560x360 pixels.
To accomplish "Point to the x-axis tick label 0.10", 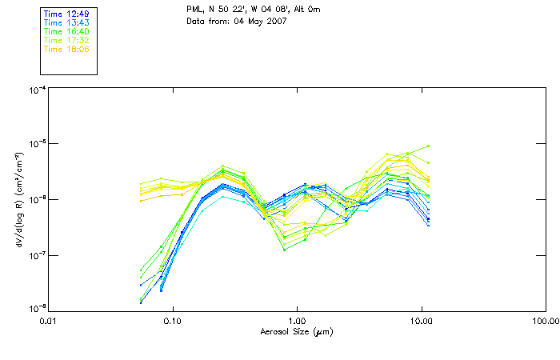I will tap(172, 321).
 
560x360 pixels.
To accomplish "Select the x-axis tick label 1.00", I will tap(297, 321).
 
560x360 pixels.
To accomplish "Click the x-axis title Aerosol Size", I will tap(297, 331).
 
